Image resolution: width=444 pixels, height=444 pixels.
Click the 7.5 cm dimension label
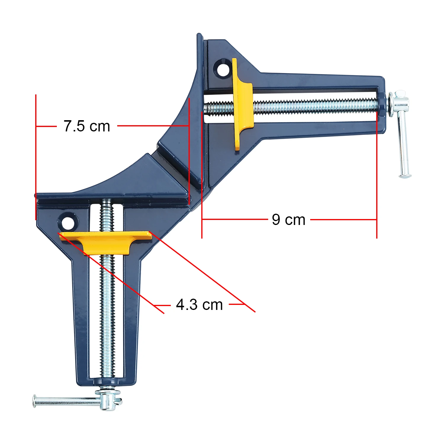click(x=87, y=126)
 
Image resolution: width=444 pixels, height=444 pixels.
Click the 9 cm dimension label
click(x=289, y=220)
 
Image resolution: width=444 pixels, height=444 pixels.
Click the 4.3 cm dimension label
click(x=199, y=305)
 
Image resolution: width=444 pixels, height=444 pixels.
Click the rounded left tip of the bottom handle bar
click(x=35, y=401)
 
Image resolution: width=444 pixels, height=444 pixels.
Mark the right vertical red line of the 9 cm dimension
click(x=377, y=178)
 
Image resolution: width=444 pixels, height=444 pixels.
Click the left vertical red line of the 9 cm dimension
click(x=202, y=178)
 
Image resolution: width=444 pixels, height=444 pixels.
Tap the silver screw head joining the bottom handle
click(x=108, y=398)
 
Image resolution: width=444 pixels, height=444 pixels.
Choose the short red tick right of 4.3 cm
click(x=237, y=304)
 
